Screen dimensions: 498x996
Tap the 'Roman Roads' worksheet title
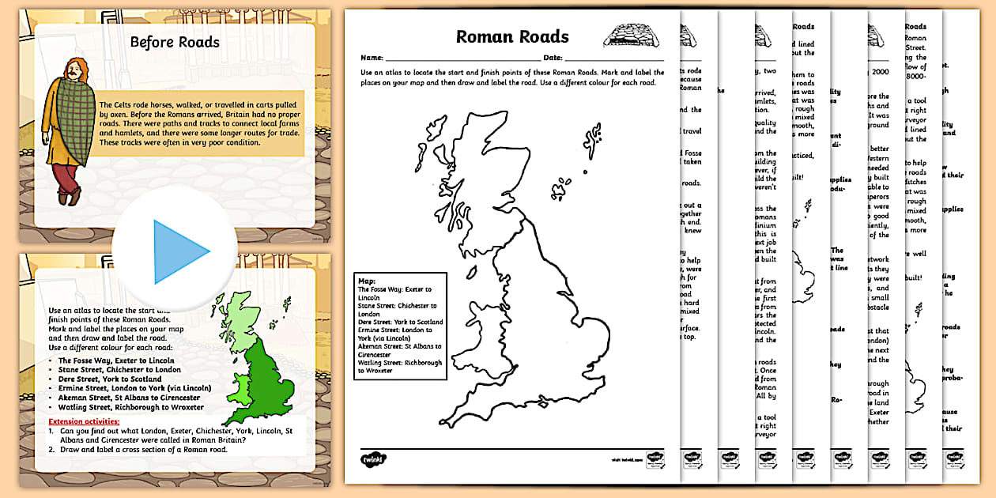pos(511,36)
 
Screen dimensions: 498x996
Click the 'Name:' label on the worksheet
pos(372,58)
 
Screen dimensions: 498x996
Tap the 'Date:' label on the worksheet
pos(552,58)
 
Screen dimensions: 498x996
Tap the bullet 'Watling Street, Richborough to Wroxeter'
pos(130,407)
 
